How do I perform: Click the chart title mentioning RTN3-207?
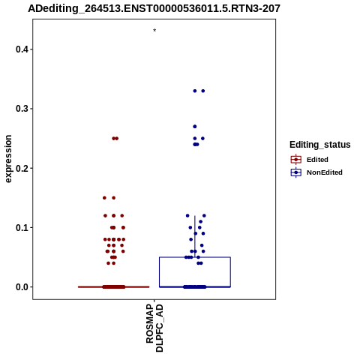pyautogui.click(x=154, y=9)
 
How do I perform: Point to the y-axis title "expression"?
pyautogui.click(x=8, y=159)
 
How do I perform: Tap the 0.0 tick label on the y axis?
pyautogui.click(x=22, y=287)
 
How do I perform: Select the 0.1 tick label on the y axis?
pyautogui.click(x=22, y=228)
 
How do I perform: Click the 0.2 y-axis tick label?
pyautogui.click(x=22, y=168)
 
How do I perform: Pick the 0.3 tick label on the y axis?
pyautogui.click(x=22, y=109)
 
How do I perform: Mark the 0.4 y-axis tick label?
pyautogui.click(x=22, y=49)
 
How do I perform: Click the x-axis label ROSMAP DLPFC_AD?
pyautogui.click(x=154, y=328)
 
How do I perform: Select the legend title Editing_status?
pyautogui.click(x=320, y=145)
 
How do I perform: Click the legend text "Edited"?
pyautogui.click(x=317, y=160)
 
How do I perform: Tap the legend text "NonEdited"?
pyautogui.click(x=325, y=172)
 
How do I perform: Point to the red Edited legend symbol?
pyautogui.click(x=296, y=160)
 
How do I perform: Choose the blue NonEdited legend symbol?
pyautogui.click(x=296, y=172)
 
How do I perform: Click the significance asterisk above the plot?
pyautogui.click(x=154, y=31)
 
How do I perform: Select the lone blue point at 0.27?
pyautogui.click(x=195, y=127)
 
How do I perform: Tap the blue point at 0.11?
pyautogui.click(x=200, y=221)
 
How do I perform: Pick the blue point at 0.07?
pyautogui.click(x=202, y=245)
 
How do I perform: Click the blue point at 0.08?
pyautogui.click(x=191, y=239)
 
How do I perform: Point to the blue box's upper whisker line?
pyautogui.click(x=195, y=236)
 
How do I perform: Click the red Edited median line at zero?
pyautogui.click(x=114, y=287)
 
